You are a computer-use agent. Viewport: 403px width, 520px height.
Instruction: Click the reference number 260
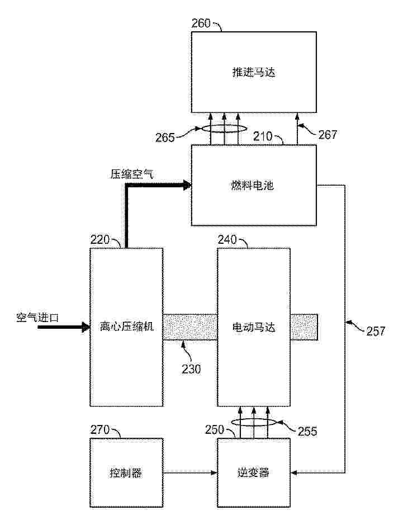[201, 23]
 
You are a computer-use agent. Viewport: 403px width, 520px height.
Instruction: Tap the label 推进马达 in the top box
[254, 72]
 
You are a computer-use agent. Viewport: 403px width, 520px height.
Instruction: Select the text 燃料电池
[253, 185]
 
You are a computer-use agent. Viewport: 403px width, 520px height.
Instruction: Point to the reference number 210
[263, 136]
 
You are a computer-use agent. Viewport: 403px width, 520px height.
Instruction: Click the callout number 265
[165, 138]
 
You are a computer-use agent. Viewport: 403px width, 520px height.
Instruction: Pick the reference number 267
[328, 134]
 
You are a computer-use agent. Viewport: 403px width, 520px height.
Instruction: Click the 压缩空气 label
[131, 174]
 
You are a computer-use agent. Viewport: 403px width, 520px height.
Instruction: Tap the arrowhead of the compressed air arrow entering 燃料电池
[188, 185]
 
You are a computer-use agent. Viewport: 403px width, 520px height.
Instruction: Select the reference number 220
[99, 239]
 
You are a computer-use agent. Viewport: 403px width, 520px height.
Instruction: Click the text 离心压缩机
[126, 327]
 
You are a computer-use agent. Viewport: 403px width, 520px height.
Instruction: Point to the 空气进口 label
[37, 318]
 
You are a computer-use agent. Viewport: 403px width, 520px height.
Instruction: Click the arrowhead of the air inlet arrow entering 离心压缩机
[86, 327]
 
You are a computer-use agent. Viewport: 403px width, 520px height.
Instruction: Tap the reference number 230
[191, 369]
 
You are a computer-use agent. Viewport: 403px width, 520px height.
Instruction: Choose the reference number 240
[227, 239]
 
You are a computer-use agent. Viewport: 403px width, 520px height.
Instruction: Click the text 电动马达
[254, 327]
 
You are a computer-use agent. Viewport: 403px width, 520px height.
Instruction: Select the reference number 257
[376, 331]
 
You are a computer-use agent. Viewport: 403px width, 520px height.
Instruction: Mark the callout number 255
[307, 431]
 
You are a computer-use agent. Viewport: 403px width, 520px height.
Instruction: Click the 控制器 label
[126, 472]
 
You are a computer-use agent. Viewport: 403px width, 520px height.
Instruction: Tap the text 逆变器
[253, 472]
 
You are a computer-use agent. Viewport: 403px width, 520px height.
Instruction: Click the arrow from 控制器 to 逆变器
[190, 472]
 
